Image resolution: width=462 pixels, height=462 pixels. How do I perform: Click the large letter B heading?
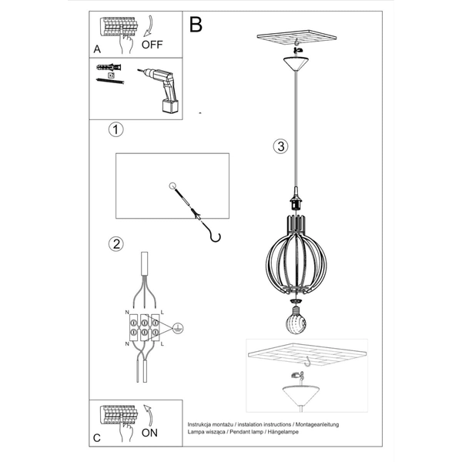196,25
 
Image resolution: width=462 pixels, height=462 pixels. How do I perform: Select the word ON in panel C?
149,433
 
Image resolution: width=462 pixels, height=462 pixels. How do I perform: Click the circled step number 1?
115,129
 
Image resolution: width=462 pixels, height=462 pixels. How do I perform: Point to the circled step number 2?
115,244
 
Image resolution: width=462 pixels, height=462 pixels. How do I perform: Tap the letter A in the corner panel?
97,48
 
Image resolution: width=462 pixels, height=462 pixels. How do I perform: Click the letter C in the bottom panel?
96,438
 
